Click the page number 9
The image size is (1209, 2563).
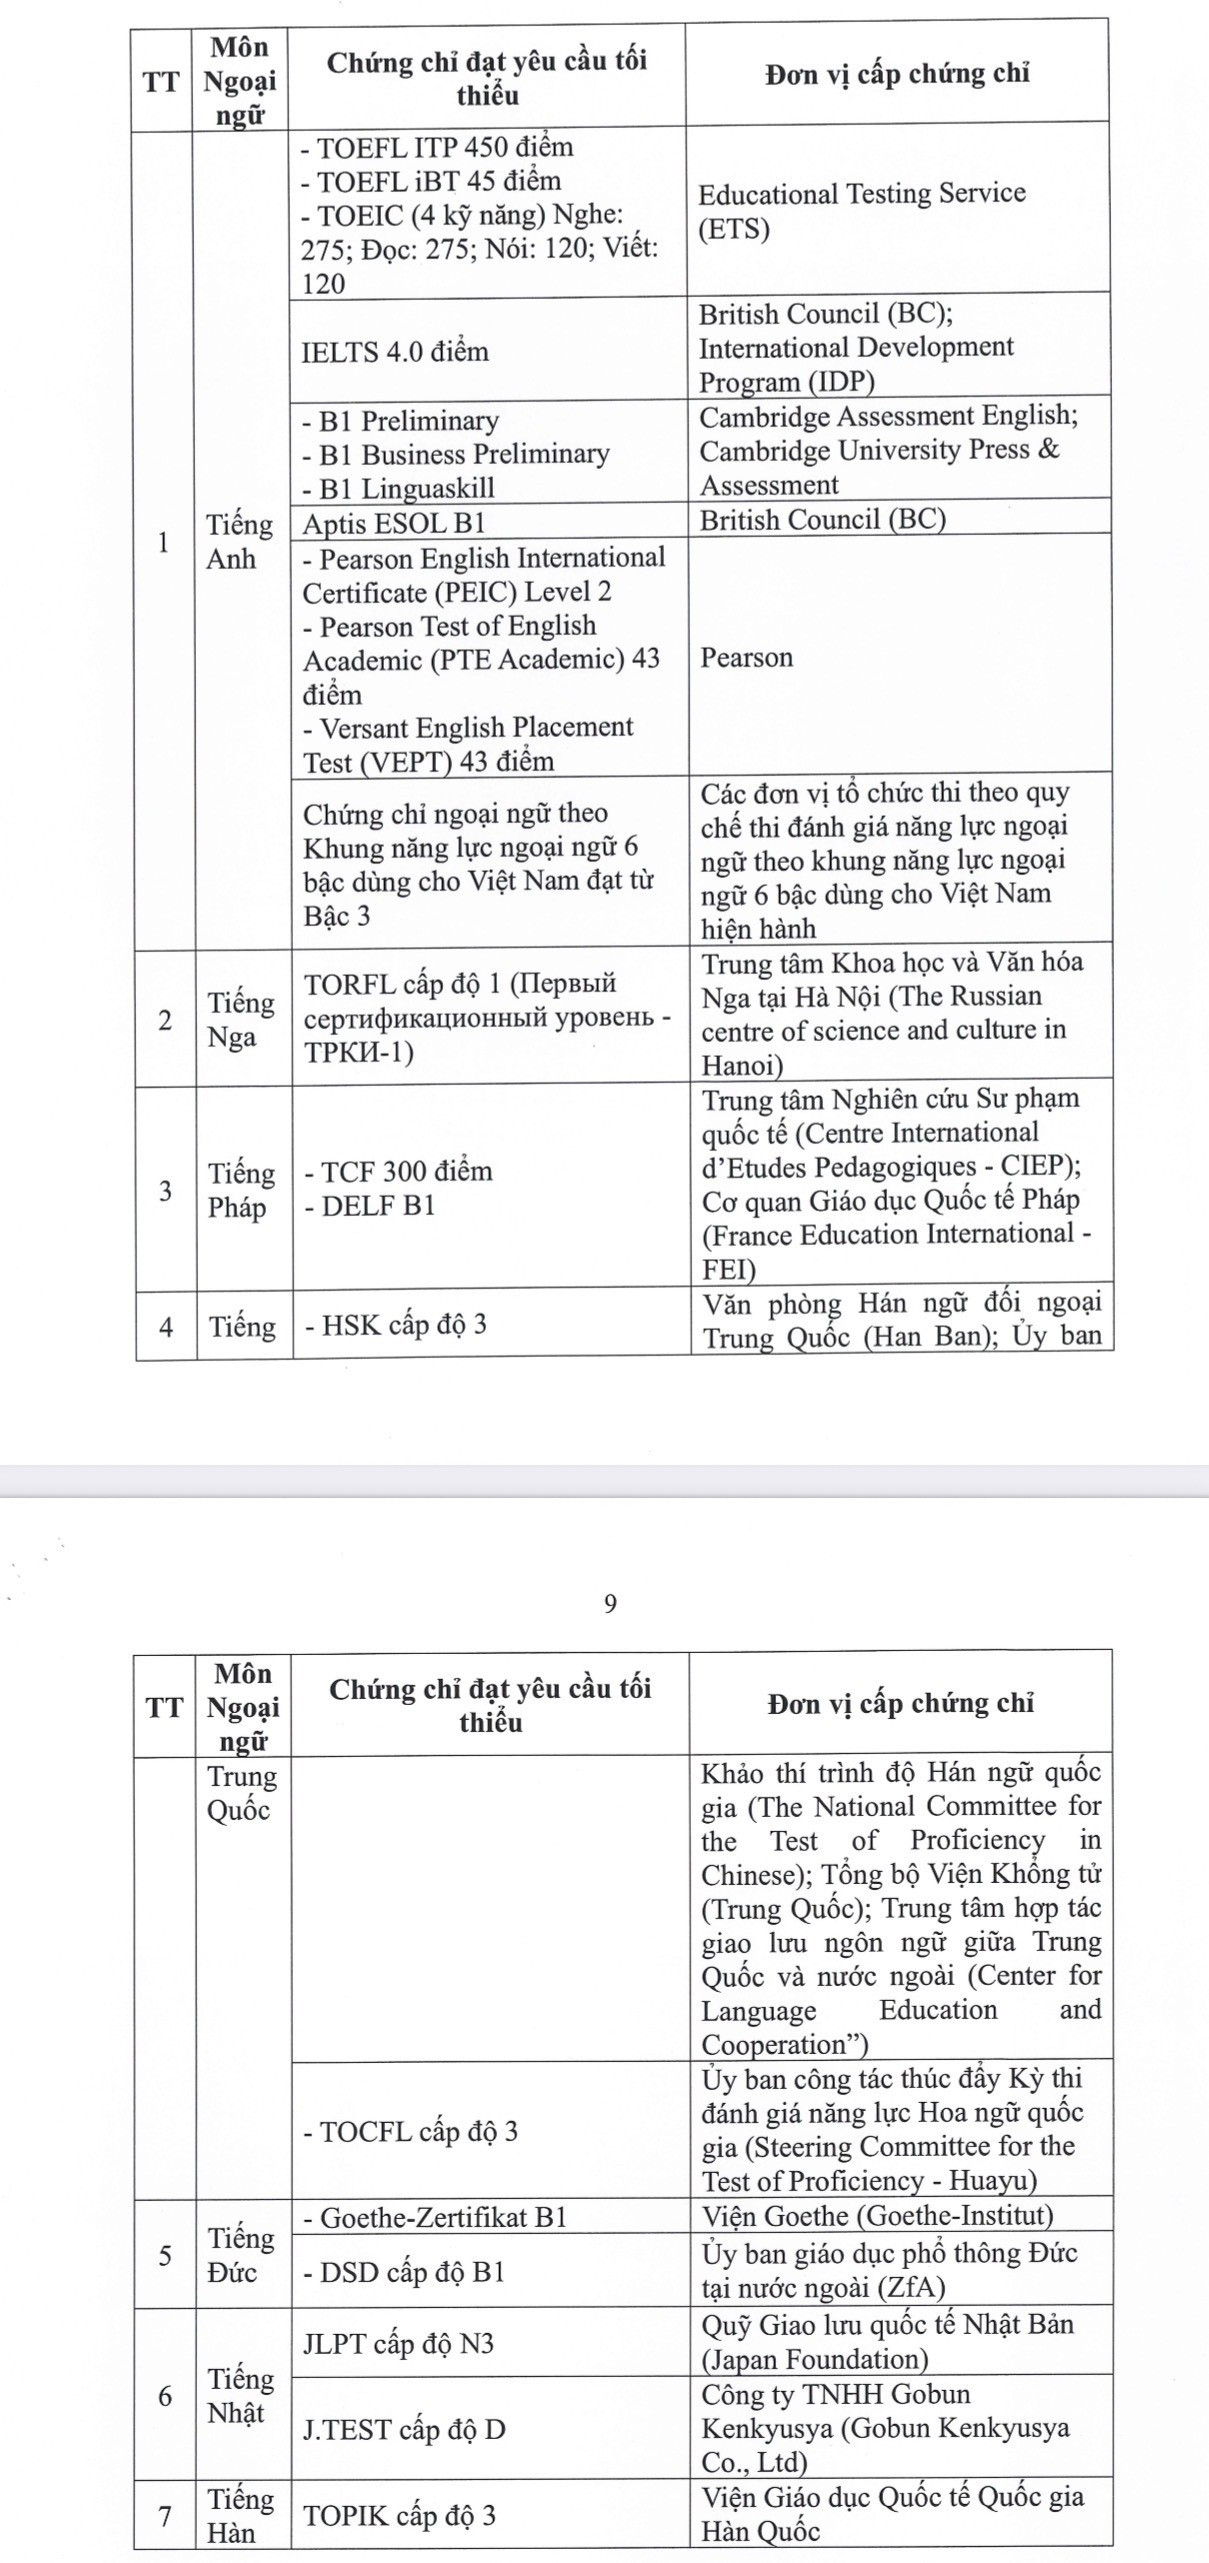coord(610,1603)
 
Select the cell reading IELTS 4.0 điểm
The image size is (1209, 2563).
coord(395,351)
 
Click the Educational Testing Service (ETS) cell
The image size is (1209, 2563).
coord(861,211)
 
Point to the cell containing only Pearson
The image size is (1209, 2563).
coord(746,657)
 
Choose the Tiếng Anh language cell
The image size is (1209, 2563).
coord(239,541)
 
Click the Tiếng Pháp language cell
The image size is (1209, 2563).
coord(241,1190)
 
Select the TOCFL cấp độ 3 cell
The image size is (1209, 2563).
coord(411,2131)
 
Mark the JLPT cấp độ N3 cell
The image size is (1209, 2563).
coord(398,2343)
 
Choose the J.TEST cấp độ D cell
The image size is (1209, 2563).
coord(404,2429)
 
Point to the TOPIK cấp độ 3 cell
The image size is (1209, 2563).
coord(399,2515)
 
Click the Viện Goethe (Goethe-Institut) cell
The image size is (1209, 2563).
coord(877,2216)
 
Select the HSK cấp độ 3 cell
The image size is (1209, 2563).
coord(396,1324)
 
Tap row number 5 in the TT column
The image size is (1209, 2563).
coord(164,2256)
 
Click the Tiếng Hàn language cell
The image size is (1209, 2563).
coord(240,2515)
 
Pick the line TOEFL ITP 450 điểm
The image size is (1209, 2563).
coord(438,147)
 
